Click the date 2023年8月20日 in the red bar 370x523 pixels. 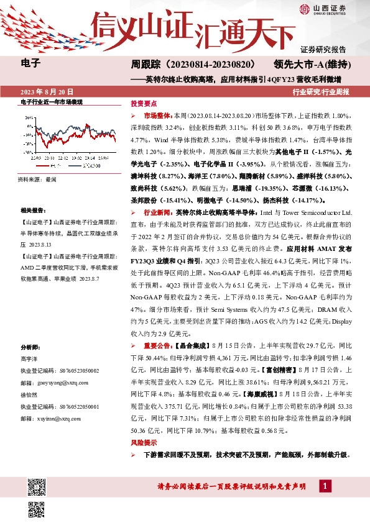click(x=47, y=91)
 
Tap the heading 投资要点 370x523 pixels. click(x=142, y=104)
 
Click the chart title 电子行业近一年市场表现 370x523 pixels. click(x=52, y=102)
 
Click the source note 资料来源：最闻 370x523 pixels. click(x=38, y=179)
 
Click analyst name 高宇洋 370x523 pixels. click(x=29, y=359)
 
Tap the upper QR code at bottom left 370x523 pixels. click(x=37, y=485)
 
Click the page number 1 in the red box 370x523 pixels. click(x=326, y=485)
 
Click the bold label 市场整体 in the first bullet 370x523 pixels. click(x=158, y=116)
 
